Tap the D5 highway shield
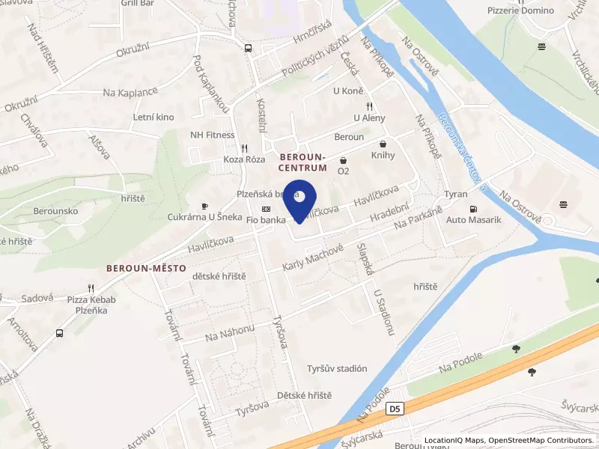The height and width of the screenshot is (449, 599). (x=395, y=409)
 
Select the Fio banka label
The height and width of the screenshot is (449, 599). (x=265, y=220)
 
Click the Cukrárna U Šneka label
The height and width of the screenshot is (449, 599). (x=204, y=217)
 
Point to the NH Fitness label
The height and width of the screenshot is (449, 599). (x=212, y=135)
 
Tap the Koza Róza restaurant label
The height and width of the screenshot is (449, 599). (x=245, y=159)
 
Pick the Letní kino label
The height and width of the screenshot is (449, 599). (x=153, y=117)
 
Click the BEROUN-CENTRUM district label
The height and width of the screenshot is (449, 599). (x=302, y=163)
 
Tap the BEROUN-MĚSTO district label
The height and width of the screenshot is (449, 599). (x=146, y=267)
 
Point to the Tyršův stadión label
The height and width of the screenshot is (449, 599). (x=337, y=368)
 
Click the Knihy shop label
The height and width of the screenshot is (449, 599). (x=383, y=156)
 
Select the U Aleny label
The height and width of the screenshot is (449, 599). (x=368, y=118)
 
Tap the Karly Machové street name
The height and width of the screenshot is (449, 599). (x=313, y=258)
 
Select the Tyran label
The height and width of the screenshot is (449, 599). (x=455, y=194)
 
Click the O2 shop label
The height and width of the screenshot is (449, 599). (x=343, y=171)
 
